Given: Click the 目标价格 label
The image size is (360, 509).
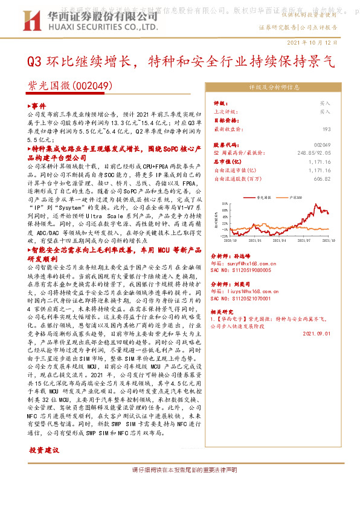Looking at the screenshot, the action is [226, 120].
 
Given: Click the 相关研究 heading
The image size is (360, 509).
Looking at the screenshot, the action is [226, 309].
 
